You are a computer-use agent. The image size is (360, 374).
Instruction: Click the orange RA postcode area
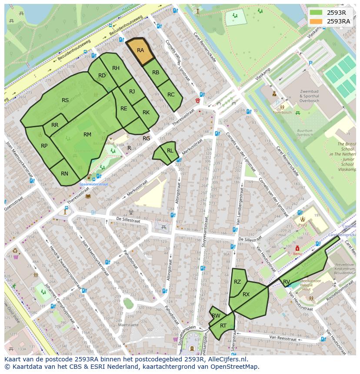(x=140, y=51)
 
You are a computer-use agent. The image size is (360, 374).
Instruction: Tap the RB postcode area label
(x=156, y=72)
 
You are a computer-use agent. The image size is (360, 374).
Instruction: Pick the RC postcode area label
(x=171, y=95)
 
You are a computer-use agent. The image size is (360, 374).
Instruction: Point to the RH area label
(x=116, y=68)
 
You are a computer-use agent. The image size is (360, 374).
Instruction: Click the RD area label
(x=102, y=76)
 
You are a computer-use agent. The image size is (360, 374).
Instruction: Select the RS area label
(x=65, y=100)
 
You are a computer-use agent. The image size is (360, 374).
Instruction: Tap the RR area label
(x=55, y=125)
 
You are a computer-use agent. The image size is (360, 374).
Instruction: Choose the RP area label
(x=44, y=146)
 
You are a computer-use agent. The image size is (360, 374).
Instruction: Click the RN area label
(x=64, y=174)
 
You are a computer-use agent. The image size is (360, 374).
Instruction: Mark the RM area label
(x=87, y=135)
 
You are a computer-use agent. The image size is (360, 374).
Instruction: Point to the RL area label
(x=170, y=151)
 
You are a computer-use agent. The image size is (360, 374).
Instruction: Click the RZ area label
(x=237, y=282)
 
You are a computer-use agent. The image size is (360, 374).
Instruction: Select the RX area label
(x=246, y=295)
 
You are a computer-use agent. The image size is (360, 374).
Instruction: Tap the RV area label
(x=287, y=282)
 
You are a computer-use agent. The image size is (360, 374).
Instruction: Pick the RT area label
(x=223, y=326)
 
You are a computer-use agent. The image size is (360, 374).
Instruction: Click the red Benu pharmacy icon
(x=297, y=248)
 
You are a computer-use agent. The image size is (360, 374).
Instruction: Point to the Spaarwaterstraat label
(x=93, y=184)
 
